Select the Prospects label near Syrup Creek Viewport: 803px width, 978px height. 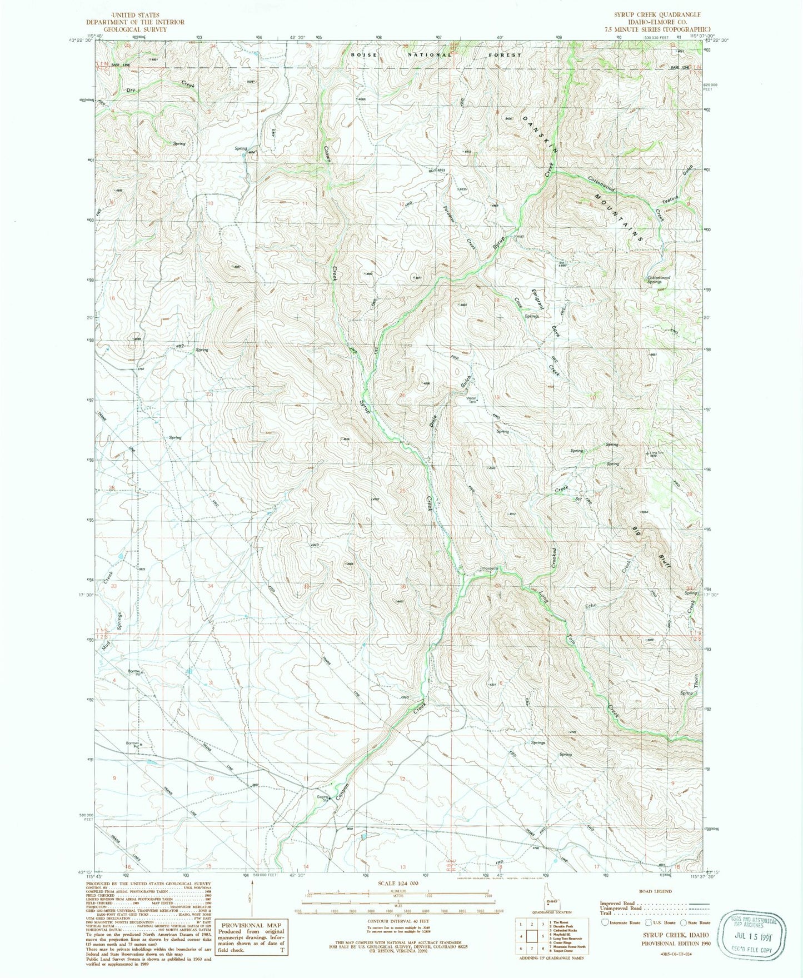click(x=490, y=568)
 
